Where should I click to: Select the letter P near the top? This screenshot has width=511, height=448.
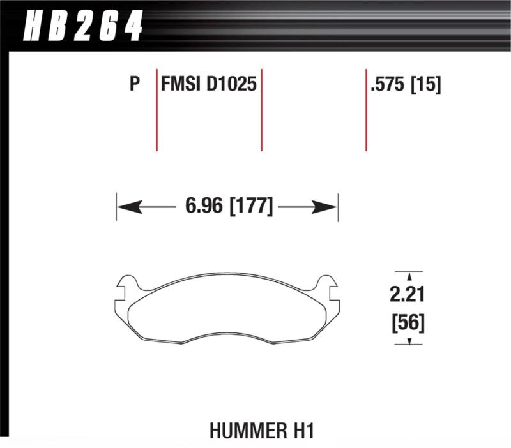click(134, 84)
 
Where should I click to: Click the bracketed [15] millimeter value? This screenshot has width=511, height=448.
click(428, 84)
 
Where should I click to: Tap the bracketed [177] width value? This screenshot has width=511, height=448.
click(251, 206)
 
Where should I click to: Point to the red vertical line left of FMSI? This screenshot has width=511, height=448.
click(156, 108)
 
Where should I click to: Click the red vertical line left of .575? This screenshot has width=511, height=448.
click(366, 108)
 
